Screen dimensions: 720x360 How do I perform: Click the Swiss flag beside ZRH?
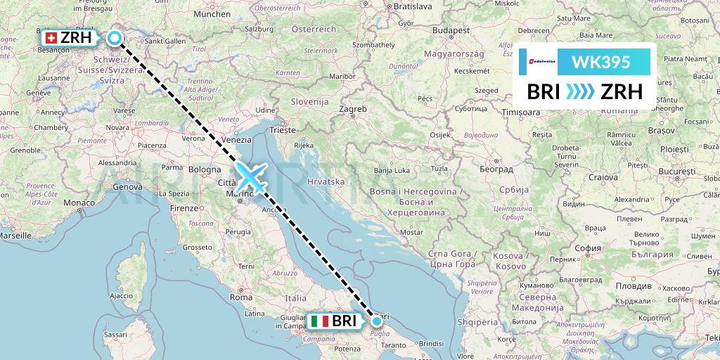point(51,38)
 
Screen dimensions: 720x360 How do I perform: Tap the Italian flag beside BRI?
point(319,321)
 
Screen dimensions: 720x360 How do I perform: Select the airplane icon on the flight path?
point(251,176)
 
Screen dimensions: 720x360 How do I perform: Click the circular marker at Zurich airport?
point(114,39)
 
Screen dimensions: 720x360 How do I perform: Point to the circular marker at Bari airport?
point(377,321)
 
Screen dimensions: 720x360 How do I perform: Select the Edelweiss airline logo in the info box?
point(540,62)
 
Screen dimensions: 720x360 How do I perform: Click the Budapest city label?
point(451,31)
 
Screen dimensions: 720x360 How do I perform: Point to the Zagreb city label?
point(352,110)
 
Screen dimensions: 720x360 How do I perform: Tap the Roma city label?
point(241,297)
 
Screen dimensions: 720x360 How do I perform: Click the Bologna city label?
point(205,169)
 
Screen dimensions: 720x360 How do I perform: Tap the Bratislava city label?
point(412,6)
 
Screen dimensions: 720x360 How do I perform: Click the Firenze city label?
point(183,209)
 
